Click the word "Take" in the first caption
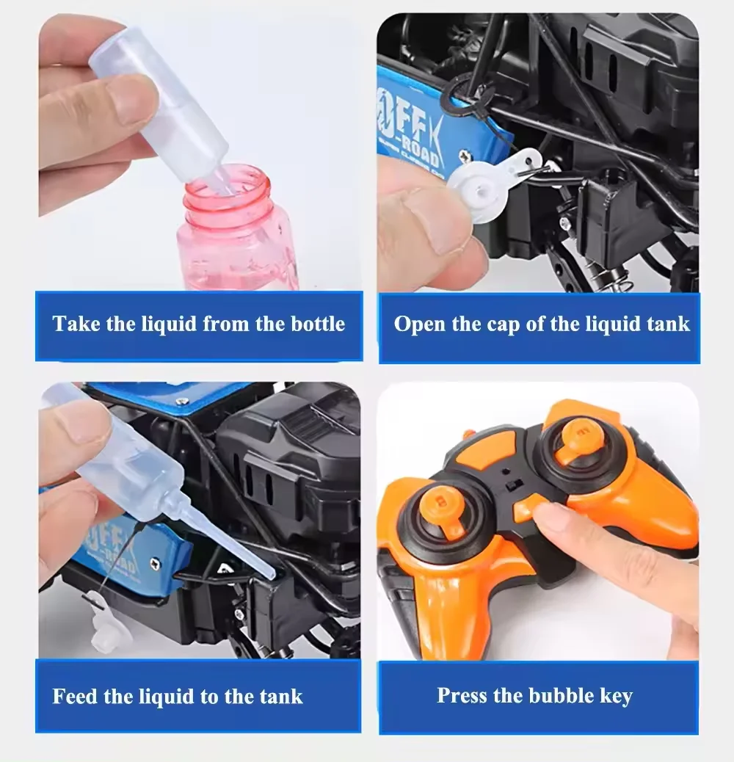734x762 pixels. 76,324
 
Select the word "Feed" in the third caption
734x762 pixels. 76,695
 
